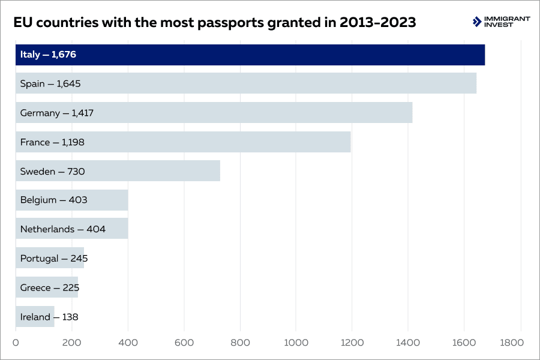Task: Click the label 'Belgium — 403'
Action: click(x=54, y=200)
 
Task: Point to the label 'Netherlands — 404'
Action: click(x=63, y=229)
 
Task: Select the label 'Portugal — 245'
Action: click(x=54, y=259)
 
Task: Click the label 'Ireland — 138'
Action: click(x=49, y=317)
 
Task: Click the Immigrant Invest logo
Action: click(x=501, y=22)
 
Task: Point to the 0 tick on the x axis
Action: click(x=16, y=343)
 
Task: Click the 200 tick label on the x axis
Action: click(x=71, y=343)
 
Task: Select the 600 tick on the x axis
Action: click(x=184, y=343)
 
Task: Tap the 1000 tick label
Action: click(x=296, y=343)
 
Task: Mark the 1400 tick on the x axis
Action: click(x=408, y=343)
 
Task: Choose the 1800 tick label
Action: click(x=512, y=343)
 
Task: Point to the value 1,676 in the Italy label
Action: click(x=64, y=55)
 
